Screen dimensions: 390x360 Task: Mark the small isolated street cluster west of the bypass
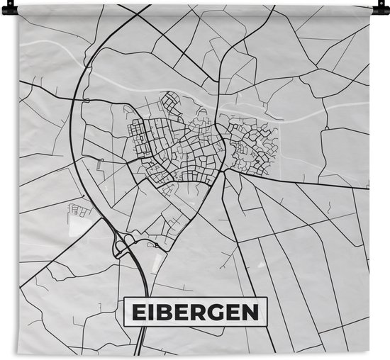[x=77, y=209]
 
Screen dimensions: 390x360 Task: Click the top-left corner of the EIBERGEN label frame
[x=124, y=297]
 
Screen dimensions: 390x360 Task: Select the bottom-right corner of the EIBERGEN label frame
[x=269, y=325]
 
